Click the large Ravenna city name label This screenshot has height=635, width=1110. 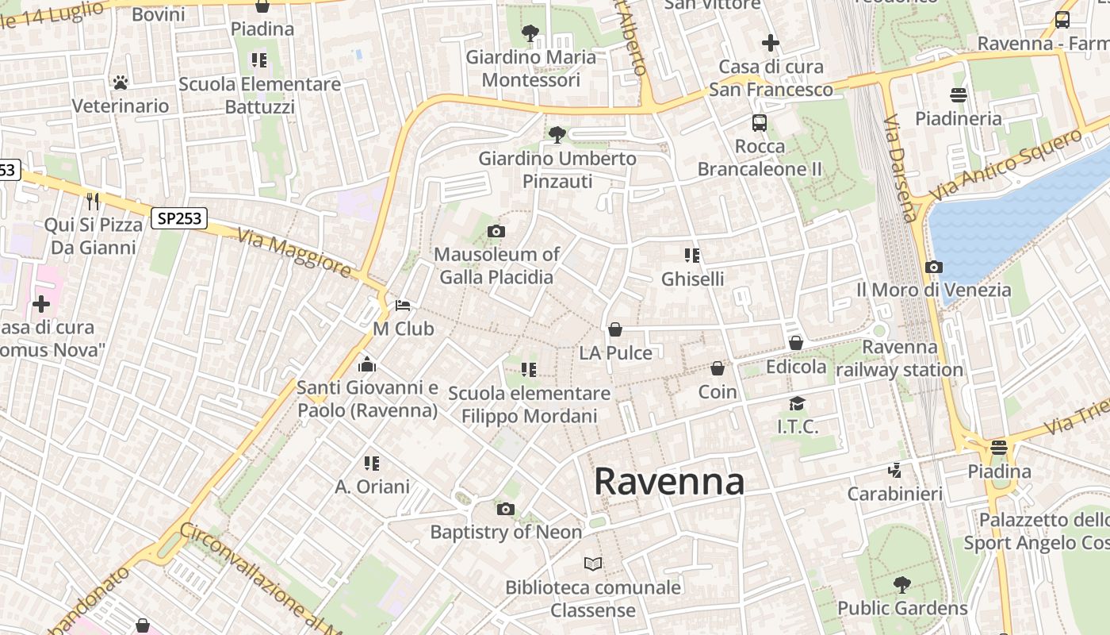669,481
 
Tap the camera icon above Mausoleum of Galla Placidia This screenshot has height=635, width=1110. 496,232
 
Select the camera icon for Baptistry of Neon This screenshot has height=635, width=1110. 506,509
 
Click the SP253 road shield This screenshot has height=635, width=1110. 179,218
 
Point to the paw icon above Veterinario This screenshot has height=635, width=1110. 121,83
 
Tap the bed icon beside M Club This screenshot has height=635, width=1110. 403,306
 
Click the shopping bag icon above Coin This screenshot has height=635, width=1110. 718,368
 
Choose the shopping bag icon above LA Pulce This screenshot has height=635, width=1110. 615,329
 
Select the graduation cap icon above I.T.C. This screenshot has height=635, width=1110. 797,404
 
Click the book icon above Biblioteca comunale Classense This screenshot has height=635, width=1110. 593,564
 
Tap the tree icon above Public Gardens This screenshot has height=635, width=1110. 902,585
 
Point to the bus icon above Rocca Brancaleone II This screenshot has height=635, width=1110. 760,123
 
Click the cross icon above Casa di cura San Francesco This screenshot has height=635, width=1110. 771,43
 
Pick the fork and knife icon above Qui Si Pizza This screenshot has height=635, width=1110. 94,201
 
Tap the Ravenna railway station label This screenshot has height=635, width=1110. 900,358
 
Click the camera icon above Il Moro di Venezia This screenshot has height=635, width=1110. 934,267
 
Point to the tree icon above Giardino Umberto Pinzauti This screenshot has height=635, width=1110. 557,135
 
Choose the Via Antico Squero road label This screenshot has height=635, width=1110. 1005,164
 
